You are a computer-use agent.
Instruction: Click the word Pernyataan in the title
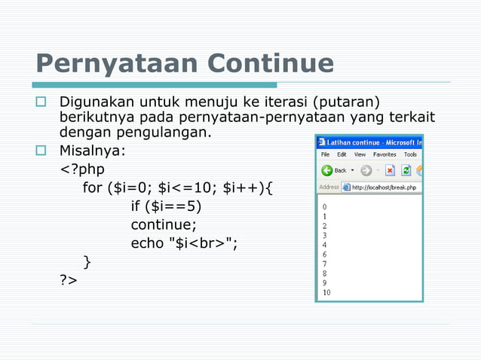(116, 63)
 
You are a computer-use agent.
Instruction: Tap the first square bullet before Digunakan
(41, 102)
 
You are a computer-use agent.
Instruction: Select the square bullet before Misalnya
(41, 151)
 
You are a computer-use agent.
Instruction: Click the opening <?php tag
(82, 169)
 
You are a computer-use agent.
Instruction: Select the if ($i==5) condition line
(166, 206)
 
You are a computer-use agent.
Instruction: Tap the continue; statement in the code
(164, 224)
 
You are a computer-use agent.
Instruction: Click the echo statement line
(184, 243)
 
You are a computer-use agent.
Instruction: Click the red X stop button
(391, 170)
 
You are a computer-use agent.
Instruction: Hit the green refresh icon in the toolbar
(406, 170)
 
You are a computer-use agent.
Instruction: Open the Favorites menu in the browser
(384, 154)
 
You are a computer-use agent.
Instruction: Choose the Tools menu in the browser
(410, 154)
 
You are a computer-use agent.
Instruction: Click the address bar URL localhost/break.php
(385, 188)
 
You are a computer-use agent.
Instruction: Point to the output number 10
(326, 292)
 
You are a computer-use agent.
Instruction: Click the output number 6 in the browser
(324, 255)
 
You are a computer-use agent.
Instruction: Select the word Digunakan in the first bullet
(93, 102)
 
